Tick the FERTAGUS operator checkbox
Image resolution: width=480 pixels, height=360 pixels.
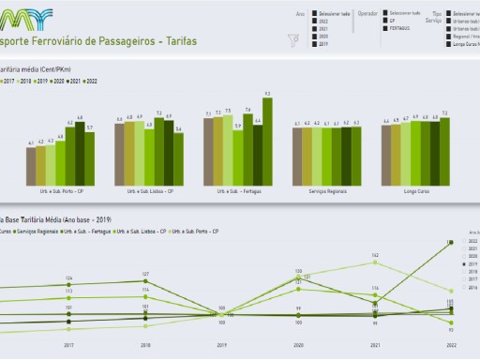[383, 29]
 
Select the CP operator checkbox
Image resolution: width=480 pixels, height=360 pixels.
[383, 22]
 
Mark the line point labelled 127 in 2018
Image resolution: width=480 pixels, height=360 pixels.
[146, 279]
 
